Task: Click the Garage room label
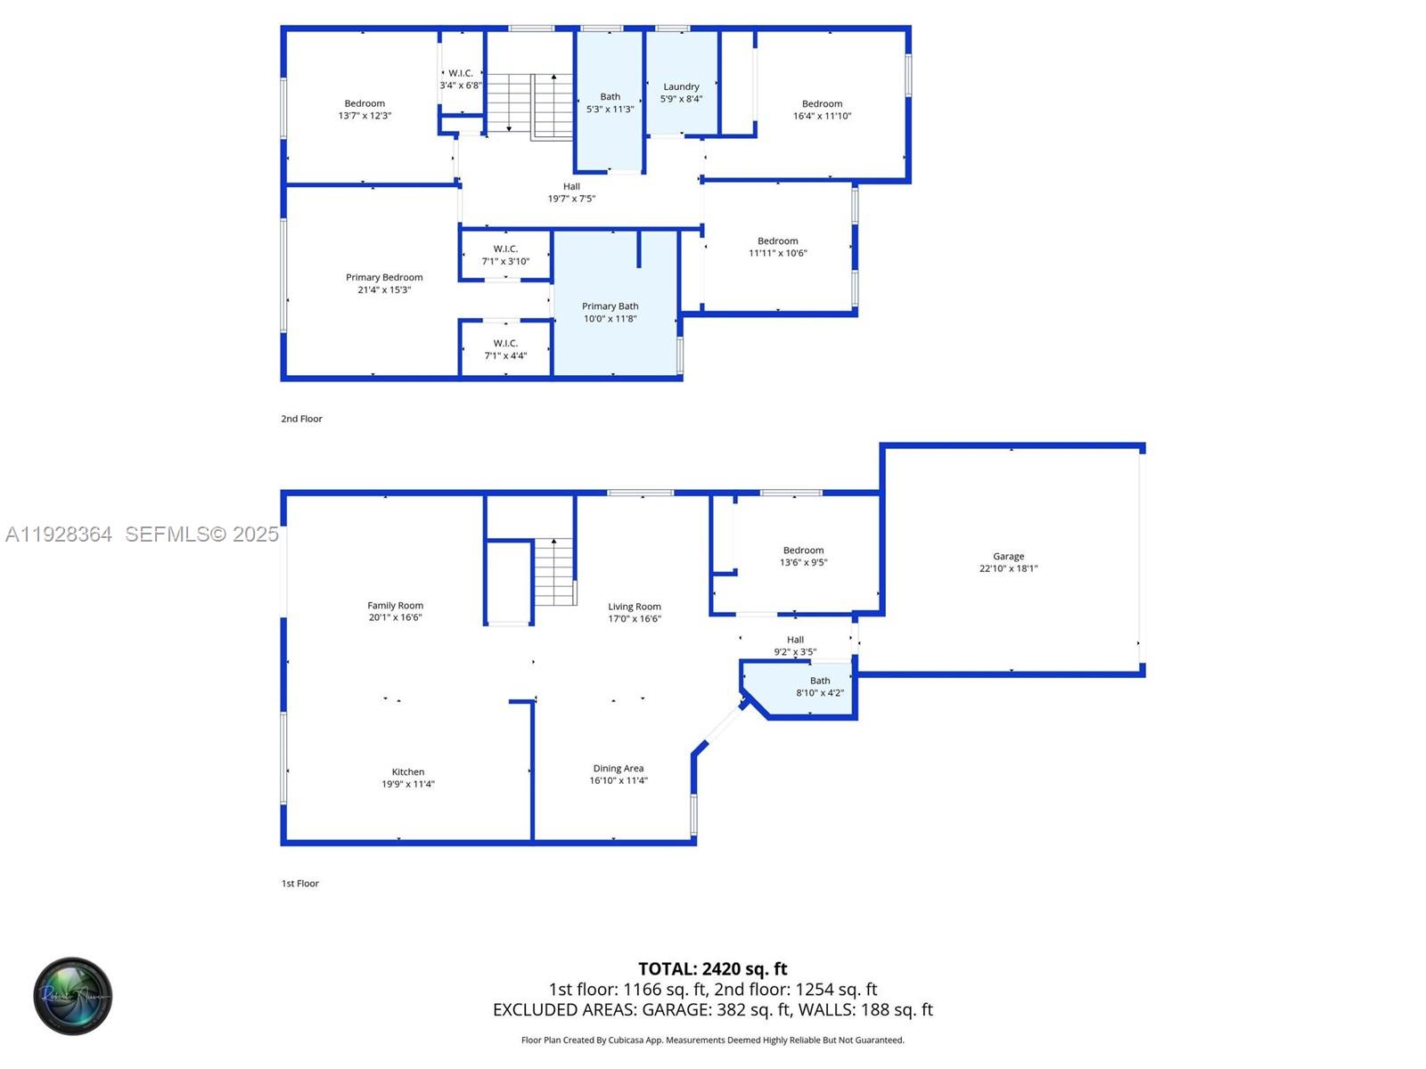click(1008, 556)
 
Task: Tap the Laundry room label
click(681, 86)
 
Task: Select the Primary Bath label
click(610, 306)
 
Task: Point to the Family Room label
click(395, 605)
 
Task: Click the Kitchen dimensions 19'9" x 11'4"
click(408, 784)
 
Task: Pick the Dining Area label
click(618, 768)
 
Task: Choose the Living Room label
click(635, 606)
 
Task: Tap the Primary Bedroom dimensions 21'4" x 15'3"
click(384, 290)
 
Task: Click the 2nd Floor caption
click(301, 419)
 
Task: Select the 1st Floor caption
click(299, 884)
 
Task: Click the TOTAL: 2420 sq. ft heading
click(712, 968)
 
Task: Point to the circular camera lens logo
click(73, 996)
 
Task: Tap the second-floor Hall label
click(571, 186)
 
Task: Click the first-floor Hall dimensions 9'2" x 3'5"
click(795, 652)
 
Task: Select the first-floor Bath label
click(820, 681)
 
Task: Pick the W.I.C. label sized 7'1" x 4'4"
click(505, 343)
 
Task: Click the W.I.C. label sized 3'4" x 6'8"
click(461, 73)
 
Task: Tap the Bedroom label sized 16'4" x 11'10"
click(822, 103)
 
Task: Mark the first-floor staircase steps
click(554, 573)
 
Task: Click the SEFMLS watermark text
click(201, 534)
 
